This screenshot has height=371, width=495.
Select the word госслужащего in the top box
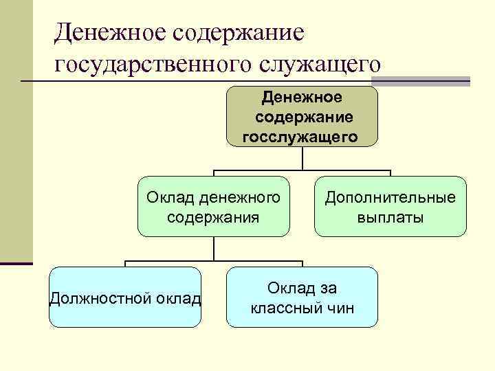pos(300,137)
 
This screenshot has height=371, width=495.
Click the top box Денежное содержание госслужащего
pos(302,116)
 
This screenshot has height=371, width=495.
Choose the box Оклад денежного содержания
pos(213,207)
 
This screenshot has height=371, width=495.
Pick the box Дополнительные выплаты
pos(390,207)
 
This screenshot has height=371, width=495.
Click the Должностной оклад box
pos(125,297)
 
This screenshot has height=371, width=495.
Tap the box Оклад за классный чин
pos(302,297)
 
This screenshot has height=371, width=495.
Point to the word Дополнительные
pos(390,198)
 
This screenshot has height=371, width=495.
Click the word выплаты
pos(390,218)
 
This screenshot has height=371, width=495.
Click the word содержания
pos(213,218)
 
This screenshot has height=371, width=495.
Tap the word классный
pos(285,308)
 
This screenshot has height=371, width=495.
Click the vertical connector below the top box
pos(302,158)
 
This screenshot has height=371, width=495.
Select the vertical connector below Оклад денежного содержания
pos(213,249)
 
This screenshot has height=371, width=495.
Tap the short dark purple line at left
pos(16,263)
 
